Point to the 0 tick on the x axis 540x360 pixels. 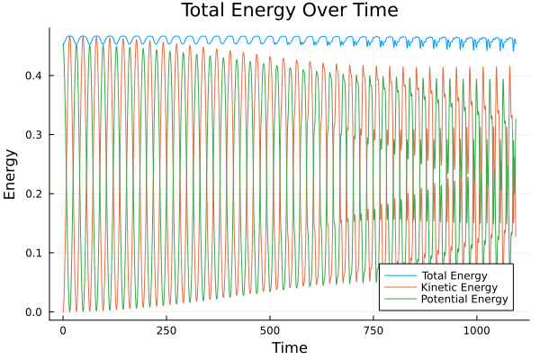point(63,330)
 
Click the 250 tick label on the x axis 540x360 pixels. point(166,330)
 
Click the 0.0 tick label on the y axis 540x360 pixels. point(34,312)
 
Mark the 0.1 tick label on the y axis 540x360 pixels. point(34,253)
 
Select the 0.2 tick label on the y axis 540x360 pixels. point(34,193)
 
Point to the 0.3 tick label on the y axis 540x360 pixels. point(34,135)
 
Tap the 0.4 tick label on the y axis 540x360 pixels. point(34,76)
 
